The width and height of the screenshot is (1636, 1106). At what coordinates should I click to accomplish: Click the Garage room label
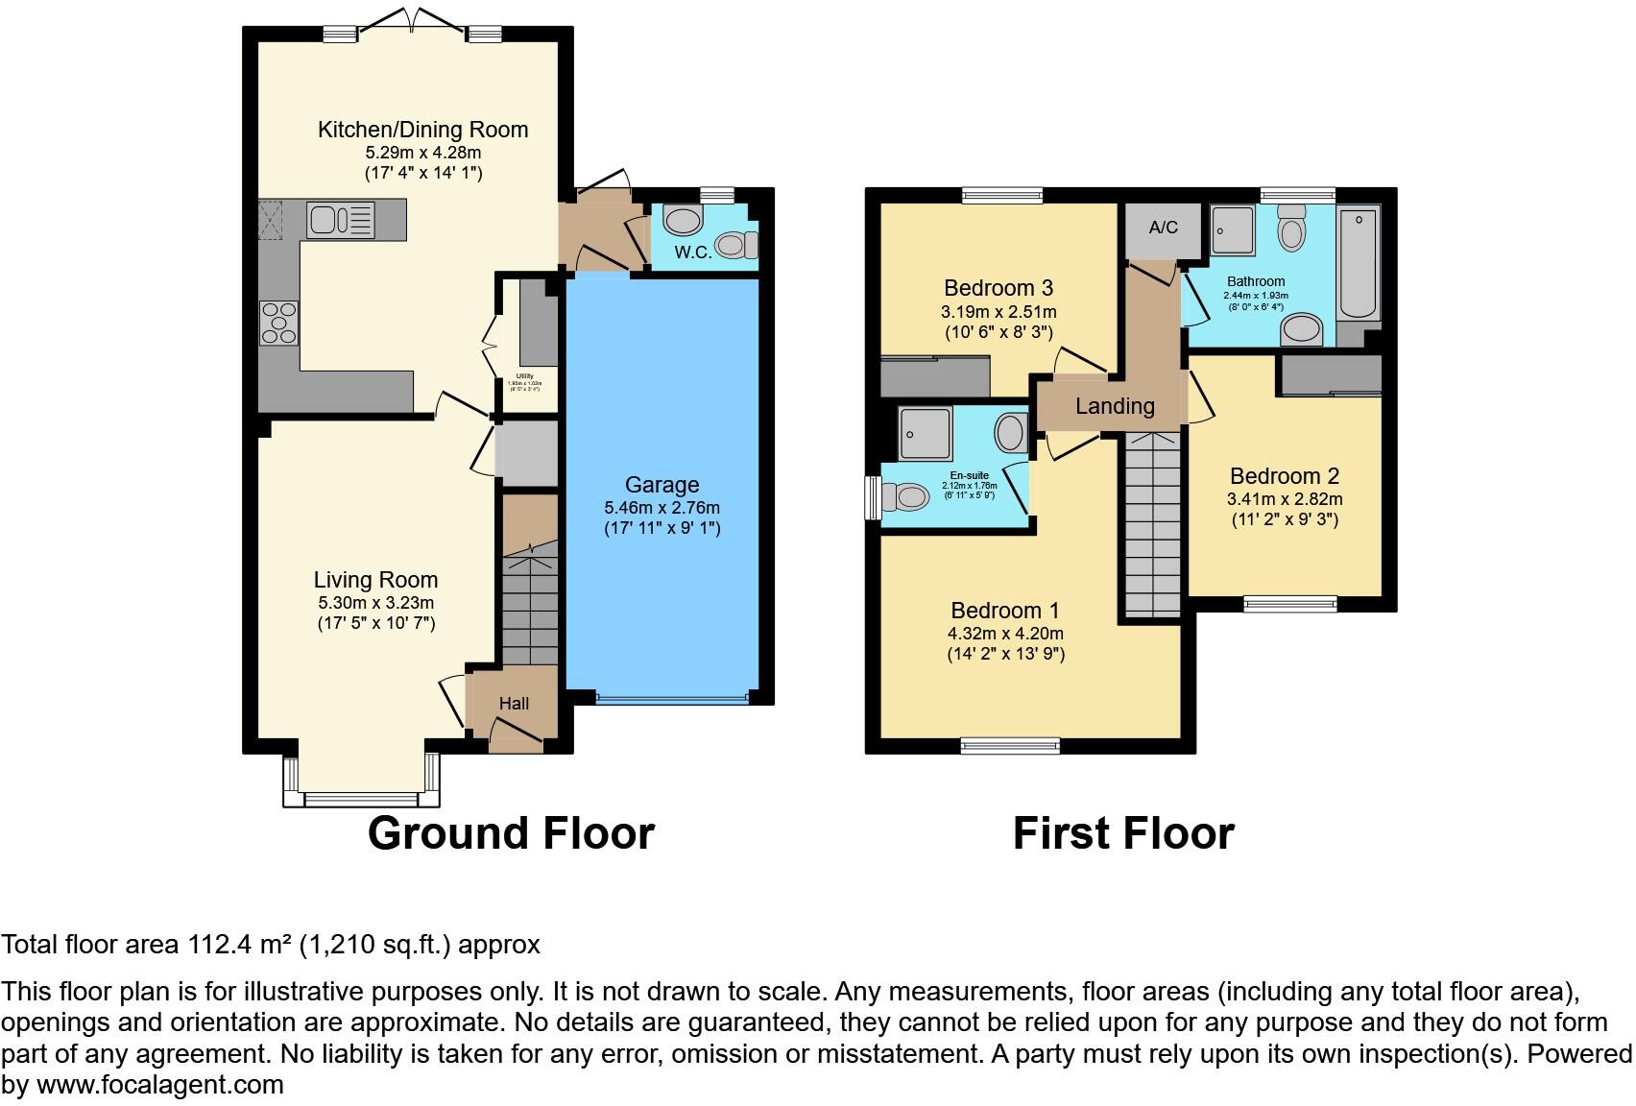pyautogui.click(x=662, y=485)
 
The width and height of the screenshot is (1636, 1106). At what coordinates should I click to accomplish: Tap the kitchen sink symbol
pyautogui.click(x=340, y=220)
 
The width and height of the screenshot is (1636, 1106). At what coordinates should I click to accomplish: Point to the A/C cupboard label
pyautogui.click(x=1163, y=228)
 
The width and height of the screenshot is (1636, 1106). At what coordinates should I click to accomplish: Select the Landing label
pyautogui.click(x=1114, y=406)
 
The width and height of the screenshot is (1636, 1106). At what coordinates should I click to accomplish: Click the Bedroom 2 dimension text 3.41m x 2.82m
pyautogui.click(x=1284, y=499)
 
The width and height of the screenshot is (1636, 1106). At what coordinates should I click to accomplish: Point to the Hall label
pyautogui.click(x=514, y=704)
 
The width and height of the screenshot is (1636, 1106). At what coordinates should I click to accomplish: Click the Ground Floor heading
pyautogui.click(x=511, y=833)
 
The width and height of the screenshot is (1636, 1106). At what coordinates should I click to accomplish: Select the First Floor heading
pyautogui.click(x=1123, y=833)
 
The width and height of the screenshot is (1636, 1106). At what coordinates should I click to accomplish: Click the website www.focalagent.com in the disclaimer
pyautogui.click(x=159, y=1085)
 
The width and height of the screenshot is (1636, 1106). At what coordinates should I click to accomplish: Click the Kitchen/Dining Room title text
pyautogui.click(x=422, y=130)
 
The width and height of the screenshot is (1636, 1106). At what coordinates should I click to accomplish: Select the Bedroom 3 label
pyautogui.click(x=998, y=288)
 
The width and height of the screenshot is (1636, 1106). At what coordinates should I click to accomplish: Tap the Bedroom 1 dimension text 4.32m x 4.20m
pyautogui.click(x=1005, y=634)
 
